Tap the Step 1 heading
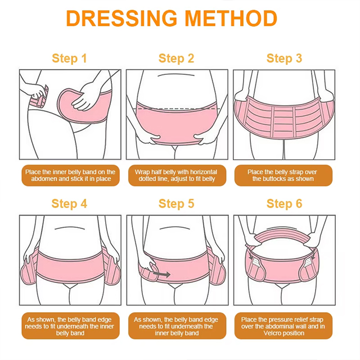click(69, 58)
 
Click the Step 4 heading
click(69, 204)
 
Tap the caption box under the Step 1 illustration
click(70, 175)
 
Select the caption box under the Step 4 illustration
click(70, 326)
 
